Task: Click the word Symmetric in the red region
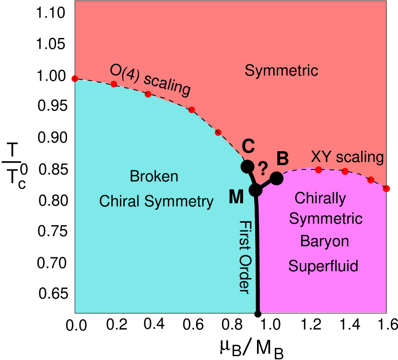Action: pos(281,71)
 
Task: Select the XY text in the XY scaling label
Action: pos(322,157)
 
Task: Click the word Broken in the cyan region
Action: pos(154,177)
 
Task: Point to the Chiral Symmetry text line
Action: pos(156,202)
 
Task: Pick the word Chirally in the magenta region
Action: pos(320,198)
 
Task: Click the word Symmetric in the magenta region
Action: pos(326,219)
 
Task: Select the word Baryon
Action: pos(324,241)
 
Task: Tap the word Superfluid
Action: pos(323,266)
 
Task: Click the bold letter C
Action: pos(248,145)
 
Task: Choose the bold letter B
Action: pos(282,158)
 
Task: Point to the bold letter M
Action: pos(236,197)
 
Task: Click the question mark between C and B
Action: pos(263,168)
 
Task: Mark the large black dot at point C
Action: pos(247,167)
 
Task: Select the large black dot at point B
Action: pos(277,179)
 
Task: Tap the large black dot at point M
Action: pos(256,190)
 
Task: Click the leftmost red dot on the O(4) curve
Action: pos(74,79)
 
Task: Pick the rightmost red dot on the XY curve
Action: pos(387,188)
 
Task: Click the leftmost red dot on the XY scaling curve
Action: pos(318,169)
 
